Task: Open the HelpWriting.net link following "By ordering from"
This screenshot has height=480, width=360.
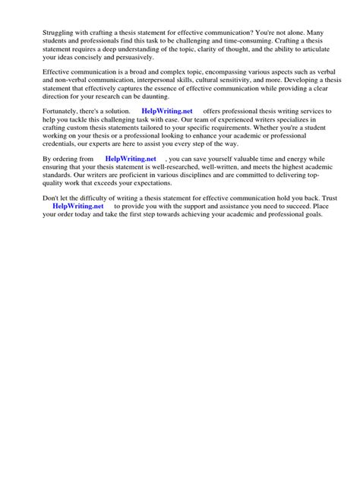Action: pyautogui.click(x=131, y=159)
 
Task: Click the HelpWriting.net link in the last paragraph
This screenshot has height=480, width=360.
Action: pyautogui.click(x=77, y=206)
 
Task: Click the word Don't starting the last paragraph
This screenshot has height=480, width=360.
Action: pyautogui.click(x=52, y=197)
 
